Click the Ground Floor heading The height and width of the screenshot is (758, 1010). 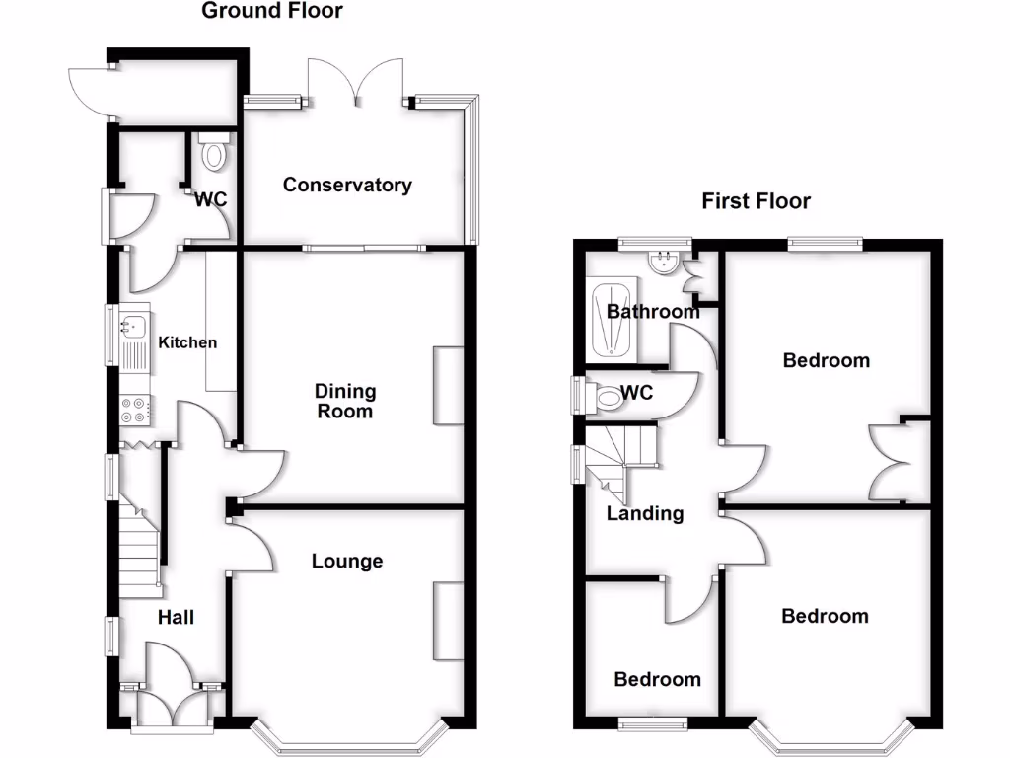point(272,12)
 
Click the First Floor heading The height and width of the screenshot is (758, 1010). point(756,201)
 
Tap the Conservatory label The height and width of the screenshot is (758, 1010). point(347,185)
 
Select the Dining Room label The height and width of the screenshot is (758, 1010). point(345,401)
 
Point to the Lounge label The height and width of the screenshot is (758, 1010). point(347,561)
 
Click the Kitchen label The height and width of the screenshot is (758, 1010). point(187,342)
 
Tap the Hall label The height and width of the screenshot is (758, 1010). point(177,618)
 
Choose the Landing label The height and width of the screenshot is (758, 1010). point(644,513)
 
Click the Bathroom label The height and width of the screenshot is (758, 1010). point(653,312)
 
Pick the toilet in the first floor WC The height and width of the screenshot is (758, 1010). point(610,397)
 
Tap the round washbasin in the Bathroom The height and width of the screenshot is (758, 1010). point(663,261)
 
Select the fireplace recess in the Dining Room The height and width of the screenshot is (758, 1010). point(449,386)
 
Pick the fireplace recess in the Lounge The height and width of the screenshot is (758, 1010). point(449,621)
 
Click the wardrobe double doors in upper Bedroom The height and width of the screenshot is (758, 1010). point(888,462)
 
